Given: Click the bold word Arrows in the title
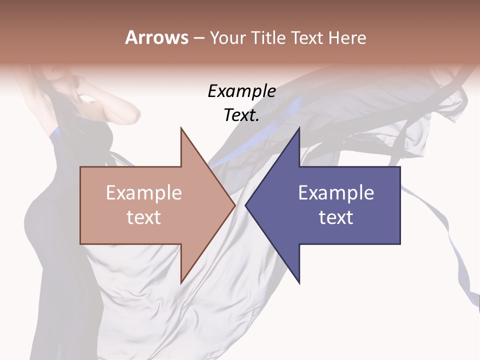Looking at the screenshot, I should tap(156, 37).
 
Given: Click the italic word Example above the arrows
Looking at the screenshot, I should tap(241, 91).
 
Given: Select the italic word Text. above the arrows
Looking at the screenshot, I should tap(241, 115).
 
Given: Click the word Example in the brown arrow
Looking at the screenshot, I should tap(144, 193).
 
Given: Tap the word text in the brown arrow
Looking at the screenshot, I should tap(144, 217).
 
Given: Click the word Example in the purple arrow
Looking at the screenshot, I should tap(336, 193).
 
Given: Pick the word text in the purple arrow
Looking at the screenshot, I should tap(336, 217).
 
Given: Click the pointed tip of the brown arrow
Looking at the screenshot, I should tap(234, 205).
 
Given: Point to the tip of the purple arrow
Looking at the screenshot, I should tap(246, 205).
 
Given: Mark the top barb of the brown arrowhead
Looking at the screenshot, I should tap(181, 129).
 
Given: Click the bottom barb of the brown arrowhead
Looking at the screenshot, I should tap(181, 282).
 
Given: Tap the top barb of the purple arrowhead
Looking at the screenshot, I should tap(299, 129).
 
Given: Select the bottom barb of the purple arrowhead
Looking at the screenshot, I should tap(299, 282).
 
